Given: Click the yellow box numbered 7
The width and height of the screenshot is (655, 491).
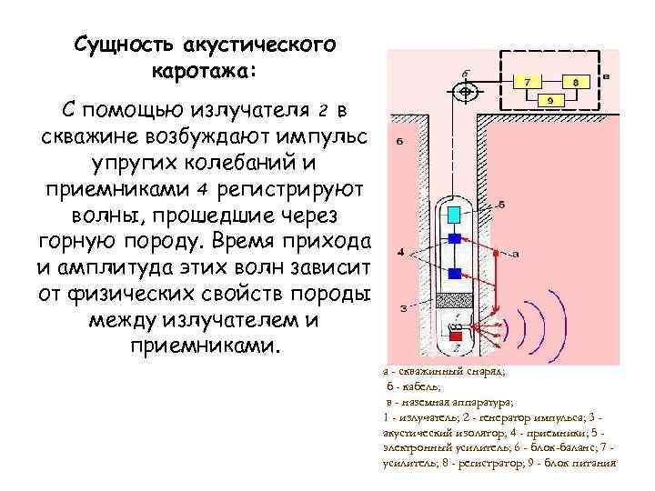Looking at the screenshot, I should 526,81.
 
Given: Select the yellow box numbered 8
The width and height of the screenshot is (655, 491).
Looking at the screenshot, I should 575,81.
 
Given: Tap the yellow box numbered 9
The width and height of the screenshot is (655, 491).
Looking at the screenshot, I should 550,99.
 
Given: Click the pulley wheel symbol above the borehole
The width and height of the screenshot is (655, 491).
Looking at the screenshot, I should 464,91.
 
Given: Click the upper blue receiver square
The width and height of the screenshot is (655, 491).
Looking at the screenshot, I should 452,238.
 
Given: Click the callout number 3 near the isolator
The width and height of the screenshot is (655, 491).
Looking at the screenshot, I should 402,308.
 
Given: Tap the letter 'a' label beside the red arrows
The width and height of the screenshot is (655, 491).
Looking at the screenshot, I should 515,255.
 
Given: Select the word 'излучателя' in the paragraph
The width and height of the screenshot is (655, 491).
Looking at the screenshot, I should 248,111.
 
